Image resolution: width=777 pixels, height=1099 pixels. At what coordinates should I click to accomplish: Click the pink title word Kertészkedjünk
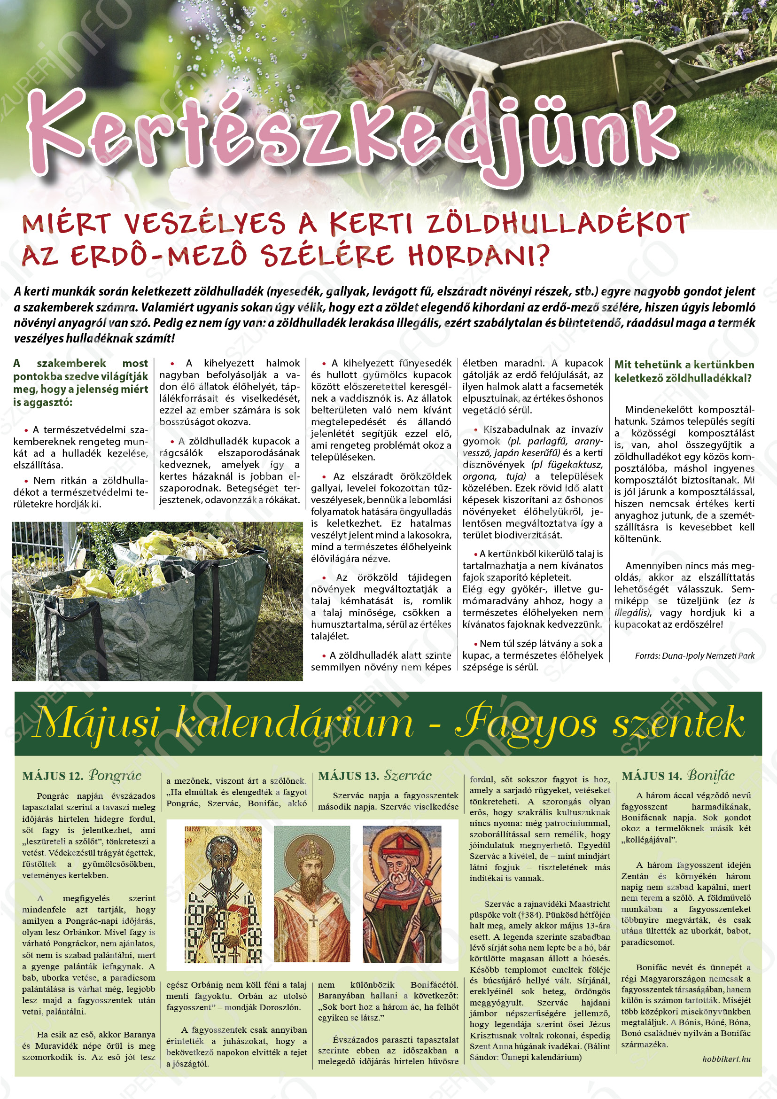click(x=349, y=127)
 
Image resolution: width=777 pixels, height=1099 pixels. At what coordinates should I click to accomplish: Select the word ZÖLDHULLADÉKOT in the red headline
click(x=557, y=225)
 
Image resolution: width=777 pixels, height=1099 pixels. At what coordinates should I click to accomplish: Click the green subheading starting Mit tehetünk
click(x=684, y=371)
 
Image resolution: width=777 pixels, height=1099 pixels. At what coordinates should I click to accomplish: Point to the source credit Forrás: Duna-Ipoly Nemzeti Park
click(x=694, y=655)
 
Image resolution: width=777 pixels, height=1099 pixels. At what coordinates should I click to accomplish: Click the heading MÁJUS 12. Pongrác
click(x=82, y=775)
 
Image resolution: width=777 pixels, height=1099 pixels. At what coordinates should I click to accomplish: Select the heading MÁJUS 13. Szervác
click(x=374, y=775)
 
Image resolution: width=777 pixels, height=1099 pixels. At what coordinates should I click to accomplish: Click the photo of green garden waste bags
click(x=157, y=601)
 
